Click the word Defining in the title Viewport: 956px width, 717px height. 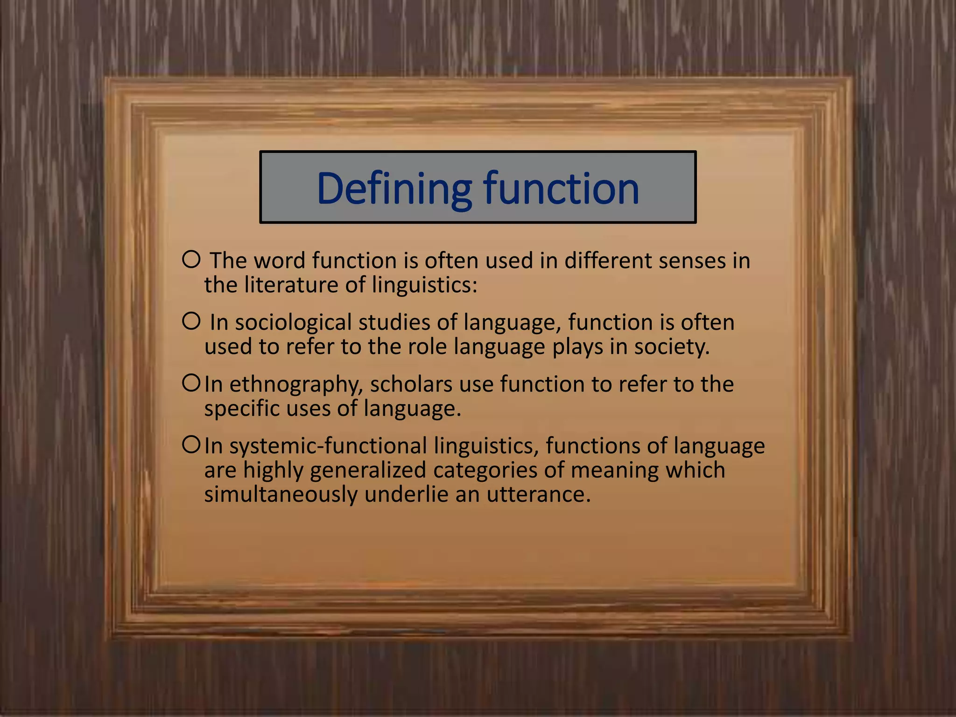coord(394,189)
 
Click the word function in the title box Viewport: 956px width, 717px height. coord(561,189)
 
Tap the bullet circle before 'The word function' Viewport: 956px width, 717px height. coord(191,259)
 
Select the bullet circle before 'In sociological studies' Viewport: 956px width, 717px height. coord(191,321)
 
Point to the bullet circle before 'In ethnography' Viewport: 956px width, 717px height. coord(191,383)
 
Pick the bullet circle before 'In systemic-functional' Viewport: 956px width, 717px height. coord(191,444)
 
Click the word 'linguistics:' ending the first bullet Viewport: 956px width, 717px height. coord(425,285)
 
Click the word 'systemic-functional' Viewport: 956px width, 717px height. coord(328,446)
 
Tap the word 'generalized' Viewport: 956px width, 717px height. coord(368,471)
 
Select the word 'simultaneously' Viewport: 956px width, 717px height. coord(281,495)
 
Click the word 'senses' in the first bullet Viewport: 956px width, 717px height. coord(692,260)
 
